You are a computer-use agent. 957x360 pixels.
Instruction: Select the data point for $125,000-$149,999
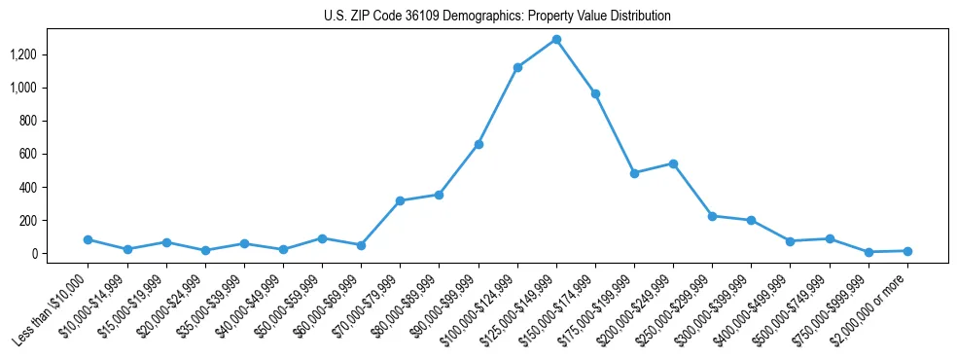click(x=556, y=40)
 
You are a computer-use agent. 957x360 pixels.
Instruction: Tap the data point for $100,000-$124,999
click(x=517, y=67)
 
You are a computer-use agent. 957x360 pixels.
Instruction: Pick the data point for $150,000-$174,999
click(x=595, y=93)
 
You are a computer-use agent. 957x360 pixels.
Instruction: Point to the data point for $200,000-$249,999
click(x=673, y=163)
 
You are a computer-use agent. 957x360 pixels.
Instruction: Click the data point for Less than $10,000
click(x=89, y=239)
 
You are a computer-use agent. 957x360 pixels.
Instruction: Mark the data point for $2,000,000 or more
click(x=907, y=251)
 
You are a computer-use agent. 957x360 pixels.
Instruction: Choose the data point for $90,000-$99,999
click(x=478, y=144)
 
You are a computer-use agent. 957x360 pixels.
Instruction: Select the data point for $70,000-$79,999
click(x=400, y=200)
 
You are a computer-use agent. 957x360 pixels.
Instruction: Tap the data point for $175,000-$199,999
click(x=634, y=173)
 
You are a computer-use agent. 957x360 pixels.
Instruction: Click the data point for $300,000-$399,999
click(x=751, y=220)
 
